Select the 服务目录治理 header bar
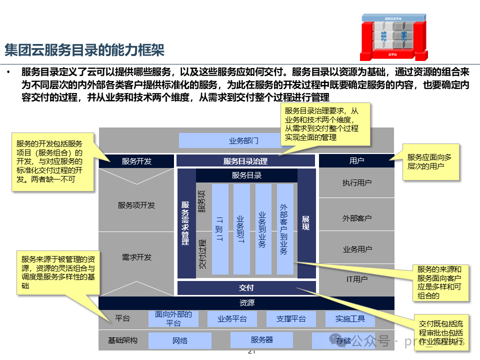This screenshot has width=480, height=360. (x=245, y=161)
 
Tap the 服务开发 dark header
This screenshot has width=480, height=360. (x=136, y=161)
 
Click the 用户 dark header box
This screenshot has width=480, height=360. (x=356, y=160)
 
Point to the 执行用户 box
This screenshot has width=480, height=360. (x=356, y=183)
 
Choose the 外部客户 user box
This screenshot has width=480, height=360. (x=356, y=218)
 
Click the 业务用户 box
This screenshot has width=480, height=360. (x=356, y=249)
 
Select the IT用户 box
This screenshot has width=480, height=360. (x=356, y=279)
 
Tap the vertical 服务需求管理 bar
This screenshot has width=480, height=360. (x=185, y=223)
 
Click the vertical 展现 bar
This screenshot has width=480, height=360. (x=306, y=223)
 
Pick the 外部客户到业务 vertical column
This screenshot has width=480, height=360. (x=284, y=229)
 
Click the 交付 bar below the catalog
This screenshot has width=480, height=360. (x=246, y=288)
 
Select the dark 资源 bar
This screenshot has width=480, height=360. (x=246, y=303)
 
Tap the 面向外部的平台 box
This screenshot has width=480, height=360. (x=173, y=319)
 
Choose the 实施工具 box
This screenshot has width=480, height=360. (x=350, y=319)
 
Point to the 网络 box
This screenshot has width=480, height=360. (x=180, y=340)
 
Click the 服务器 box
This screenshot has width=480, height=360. (x=262, y=340)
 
